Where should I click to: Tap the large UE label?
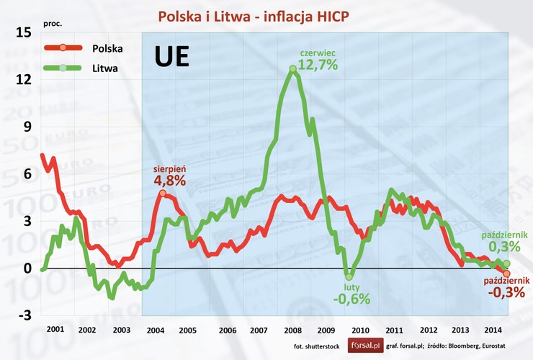(x=172, y=58)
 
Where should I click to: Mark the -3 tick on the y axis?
(x=23, y=315)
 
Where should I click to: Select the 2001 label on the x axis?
(x=53, y=330)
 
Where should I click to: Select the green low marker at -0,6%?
(x=349, y=276)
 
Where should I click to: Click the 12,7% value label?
(x=319, y=65)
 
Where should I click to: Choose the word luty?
(x=351, y=287)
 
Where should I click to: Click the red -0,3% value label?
(x=506, y=292)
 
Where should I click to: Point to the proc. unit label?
(x=53, y=23)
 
